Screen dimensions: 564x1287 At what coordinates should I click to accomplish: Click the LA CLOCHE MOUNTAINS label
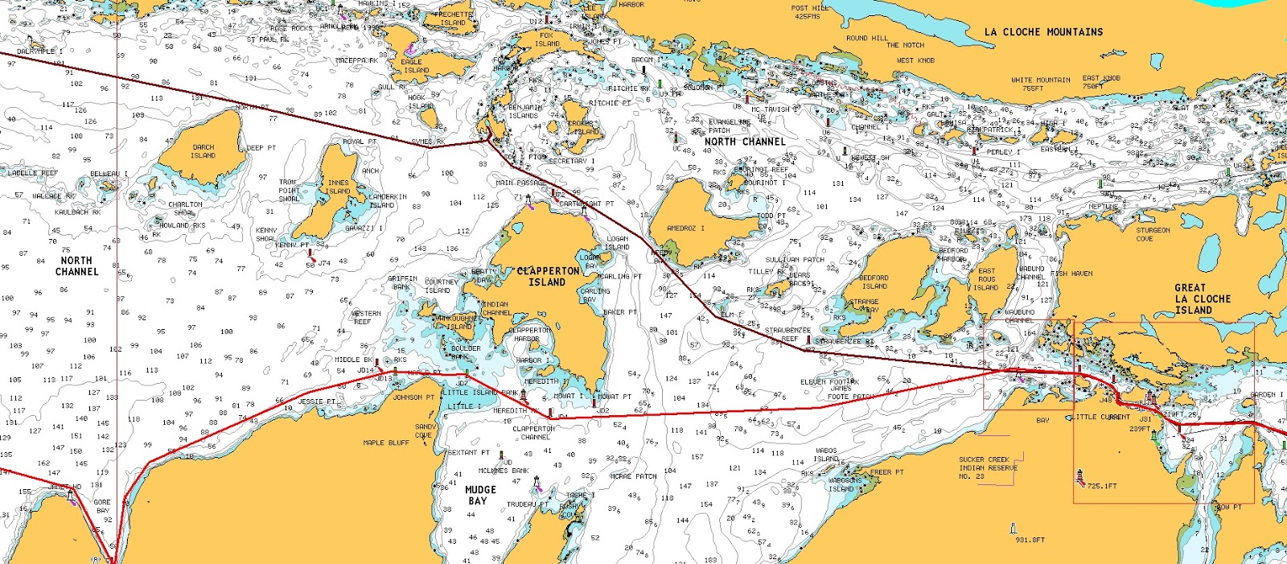tap(1043, 32)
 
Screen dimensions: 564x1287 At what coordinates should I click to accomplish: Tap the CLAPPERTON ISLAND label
tap(548, 277)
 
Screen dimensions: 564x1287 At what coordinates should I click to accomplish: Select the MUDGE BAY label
tap(480, 495)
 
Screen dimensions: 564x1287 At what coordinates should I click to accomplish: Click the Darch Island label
tap(203, 151)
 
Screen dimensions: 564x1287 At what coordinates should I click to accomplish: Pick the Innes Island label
tap(338, 187)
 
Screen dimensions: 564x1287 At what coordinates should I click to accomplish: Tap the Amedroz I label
tap(685, 228)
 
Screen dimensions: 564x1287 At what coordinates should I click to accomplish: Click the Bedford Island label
tap(874, 282)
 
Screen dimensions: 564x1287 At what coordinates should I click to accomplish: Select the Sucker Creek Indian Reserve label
tap(988, 467)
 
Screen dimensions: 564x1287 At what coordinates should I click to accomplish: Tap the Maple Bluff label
tap(386, 443)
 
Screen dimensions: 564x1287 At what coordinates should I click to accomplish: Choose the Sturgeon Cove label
tap(1153, 234)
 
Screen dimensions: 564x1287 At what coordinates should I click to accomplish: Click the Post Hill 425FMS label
tap(809, 12)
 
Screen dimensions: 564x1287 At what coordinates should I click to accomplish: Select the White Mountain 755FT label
tap(1040, 84)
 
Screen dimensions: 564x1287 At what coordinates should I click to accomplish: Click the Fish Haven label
tap(1071, 274)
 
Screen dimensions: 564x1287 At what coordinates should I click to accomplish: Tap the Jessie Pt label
tap(317, 401)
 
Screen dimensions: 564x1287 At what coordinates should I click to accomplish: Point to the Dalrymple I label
tap(39, 51)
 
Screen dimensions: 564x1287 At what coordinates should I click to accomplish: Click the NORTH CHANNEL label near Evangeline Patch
tap(744, 142)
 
